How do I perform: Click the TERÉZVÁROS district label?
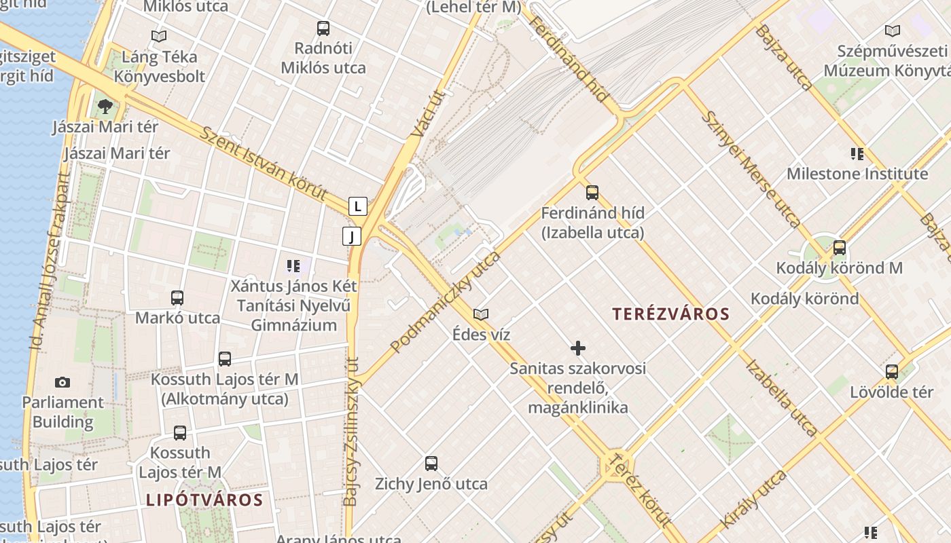(670, 314)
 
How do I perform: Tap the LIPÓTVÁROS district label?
(204, 500)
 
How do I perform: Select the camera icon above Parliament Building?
(62, 382)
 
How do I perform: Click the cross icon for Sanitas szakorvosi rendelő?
(578, 348)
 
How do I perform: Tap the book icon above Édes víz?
(481, 314)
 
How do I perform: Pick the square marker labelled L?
(358, 206)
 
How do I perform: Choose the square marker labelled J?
(351, 236)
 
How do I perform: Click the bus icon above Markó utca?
(177, 297)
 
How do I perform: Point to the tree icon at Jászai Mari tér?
(105, 106)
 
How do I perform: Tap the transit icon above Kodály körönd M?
(840, 248)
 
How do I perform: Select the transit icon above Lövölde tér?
(892, 371)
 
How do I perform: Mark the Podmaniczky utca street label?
(446, 302)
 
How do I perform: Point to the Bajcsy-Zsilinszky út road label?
(351, 431)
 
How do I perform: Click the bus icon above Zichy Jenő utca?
(431, 464)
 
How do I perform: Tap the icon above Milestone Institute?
(857, 153)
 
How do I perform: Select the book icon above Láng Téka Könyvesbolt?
(159, 36)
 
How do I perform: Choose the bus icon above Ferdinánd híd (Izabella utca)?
(592, 192)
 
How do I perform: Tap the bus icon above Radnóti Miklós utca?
(323, 29)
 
